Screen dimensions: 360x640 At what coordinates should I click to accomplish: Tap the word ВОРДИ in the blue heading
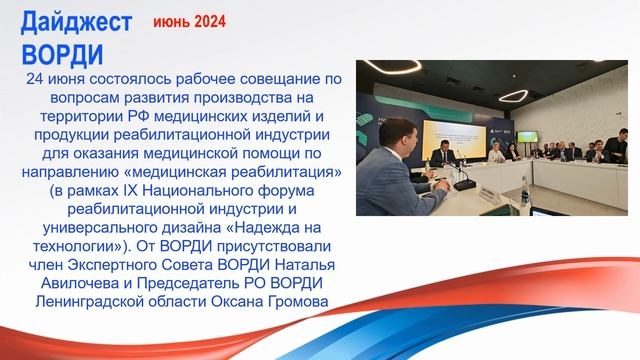pyautogui.click(x=62, y=51)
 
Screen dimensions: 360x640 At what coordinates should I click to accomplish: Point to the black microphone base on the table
pyautogui.click(x=463, y=186)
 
